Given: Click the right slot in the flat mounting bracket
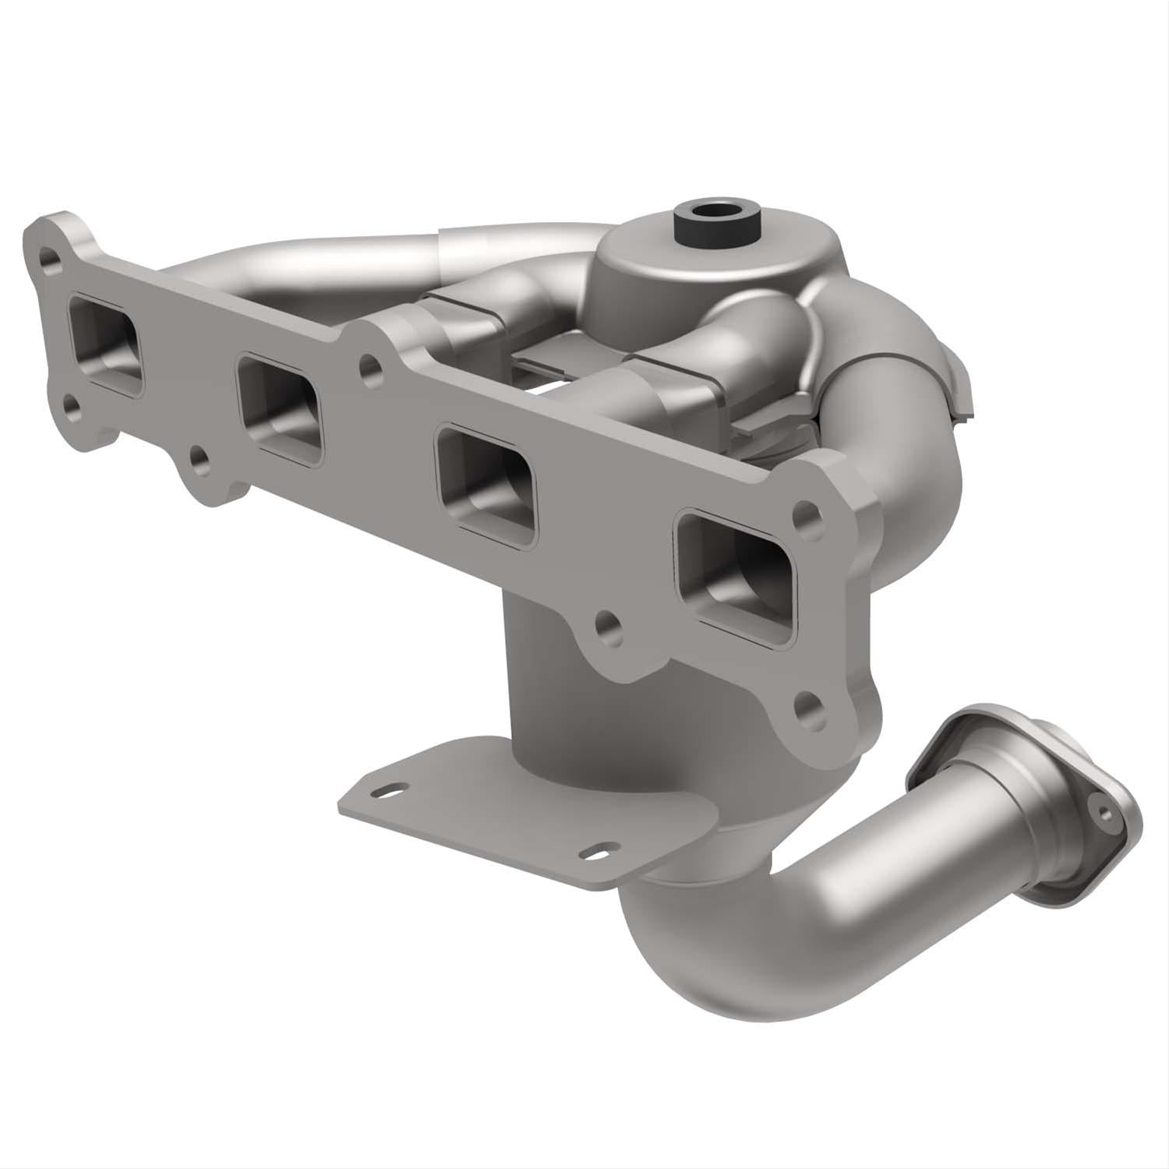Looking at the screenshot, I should [599, 853].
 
